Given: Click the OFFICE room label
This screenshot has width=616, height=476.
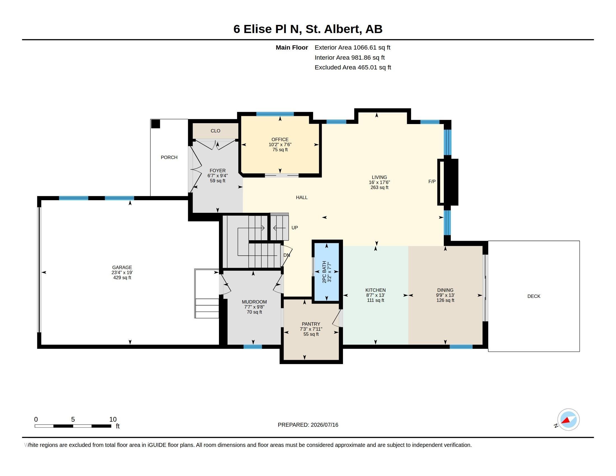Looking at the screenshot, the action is [x=280, y=139].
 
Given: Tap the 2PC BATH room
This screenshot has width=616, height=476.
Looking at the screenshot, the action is [x=327, y=272].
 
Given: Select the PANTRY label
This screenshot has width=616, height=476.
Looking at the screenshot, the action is [x=311, y=324].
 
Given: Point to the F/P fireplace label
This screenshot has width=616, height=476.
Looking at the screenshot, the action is [x=432, y=182].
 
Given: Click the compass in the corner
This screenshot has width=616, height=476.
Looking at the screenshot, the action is [x=568, y=419].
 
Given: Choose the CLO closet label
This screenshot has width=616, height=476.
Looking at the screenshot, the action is [x=216, y=131].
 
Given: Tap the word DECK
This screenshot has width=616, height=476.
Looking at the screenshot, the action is [x=534, y=296].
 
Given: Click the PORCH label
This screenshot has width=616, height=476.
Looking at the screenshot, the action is [x=169, y=157].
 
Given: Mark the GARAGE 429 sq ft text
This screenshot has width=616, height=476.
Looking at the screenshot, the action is [x=122, y=277].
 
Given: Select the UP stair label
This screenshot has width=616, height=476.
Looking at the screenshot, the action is [x=295, y=228].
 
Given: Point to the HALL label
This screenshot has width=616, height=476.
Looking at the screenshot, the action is [x=302, y=197].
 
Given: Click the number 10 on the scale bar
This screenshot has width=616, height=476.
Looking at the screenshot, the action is [x=113, y=419].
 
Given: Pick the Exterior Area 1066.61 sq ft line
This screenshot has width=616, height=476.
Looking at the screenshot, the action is [x=352, y=47].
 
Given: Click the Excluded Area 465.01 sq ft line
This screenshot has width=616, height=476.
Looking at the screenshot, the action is [x=353, y=67].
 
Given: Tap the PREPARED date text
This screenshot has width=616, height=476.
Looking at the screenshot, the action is [x=308, y=425].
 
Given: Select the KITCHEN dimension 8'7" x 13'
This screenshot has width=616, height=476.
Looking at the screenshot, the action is [x=375, y=295].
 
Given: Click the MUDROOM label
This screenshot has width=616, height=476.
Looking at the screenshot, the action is [x=254, y=302].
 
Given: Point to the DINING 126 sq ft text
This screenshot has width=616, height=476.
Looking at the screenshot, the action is [x=445, y=300].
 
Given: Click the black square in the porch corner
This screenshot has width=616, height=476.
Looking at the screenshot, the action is [x=155, y=124].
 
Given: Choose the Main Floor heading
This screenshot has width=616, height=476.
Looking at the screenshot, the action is [x=292, y=47].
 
